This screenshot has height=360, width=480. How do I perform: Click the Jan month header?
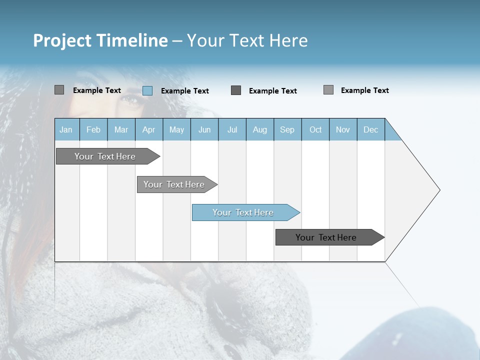tap(66, 129)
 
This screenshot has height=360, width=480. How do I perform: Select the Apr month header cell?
tap(149, 129)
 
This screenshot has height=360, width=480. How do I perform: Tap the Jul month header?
tap(232, 129)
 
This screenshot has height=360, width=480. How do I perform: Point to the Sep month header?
tap(287, 129)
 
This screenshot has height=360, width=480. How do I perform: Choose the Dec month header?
tap(370, 129)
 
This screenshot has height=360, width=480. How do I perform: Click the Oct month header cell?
tap(315, 129)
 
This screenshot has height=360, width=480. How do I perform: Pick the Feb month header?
tap(93, 129)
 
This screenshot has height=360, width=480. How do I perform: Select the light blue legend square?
tap(147, 90)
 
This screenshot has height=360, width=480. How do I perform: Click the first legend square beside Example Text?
tap(59, 90)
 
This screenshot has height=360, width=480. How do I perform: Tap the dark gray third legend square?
tap(236, 90)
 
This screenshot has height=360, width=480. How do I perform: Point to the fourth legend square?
tap(328, 90)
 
